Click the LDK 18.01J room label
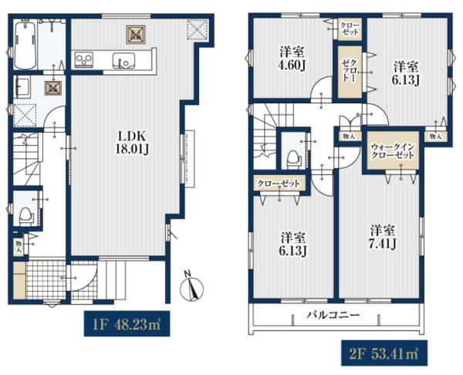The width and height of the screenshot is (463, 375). click(x=132, y=143)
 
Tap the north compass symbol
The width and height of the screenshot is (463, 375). click(x=191, y=286)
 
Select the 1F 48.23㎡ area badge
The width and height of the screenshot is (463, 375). click(x=127, y=323)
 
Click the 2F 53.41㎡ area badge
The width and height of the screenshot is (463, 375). click(x=384, y=353)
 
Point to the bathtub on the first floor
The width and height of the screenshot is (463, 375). click(x=25, y=44)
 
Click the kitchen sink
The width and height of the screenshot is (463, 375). click(x=123, y=60)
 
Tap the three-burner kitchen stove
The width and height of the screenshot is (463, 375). click(x=84, y=60)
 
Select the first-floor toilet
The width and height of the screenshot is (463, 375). click(x=25, y=215)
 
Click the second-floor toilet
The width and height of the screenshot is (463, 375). click(x=293, y=157)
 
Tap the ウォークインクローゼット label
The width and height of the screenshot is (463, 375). click(x=393, y=150)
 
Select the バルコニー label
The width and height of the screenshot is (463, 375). click(x=333, y=315)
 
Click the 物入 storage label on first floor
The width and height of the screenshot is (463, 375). click(x=19, y=247)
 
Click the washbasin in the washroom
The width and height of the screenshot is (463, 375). click(x=22, y=87)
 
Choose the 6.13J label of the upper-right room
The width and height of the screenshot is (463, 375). click(x=406, y=74)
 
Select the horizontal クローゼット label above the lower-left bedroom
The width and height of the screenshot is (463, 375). click(x=279, y=184)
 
